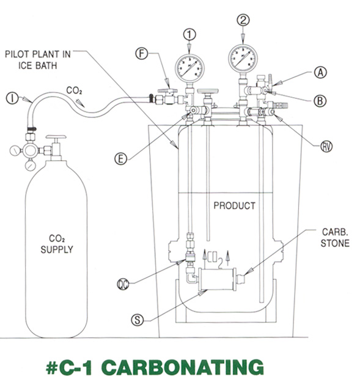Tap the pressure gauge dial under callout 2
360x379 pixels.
point(244,59)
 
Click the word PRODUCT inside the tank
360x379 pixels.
point(234,206)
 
